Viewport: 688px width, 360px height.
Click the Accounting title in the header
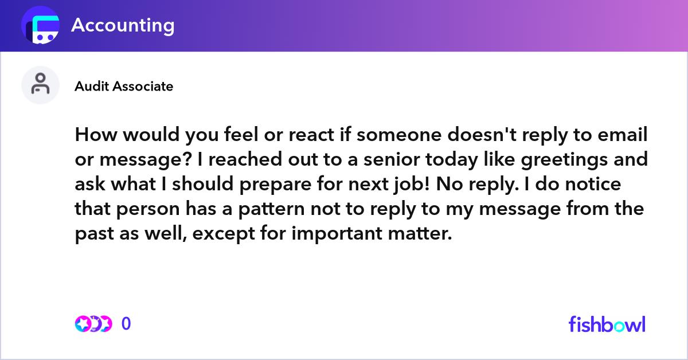[x=123, y=25]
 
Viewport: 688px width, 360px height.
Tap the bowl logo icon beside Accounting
[x=40, y=25]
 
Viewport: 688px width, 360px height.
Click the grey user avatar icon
[x=40, y=85]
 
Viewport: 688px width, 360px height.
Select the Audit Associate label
[x=124, y=87]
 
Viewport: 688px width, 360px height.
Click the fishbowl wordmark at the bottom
[x=607, y=324]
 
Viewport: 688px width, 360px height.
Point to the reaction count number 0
[x=126, y=324]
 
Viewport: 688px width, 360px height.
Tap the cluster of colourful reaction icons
[x=93, y=324]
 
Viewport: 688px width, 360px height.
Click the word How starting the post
[x=96, y=135]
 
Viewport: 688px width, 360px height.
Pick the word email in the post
[x=622, y=135]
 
